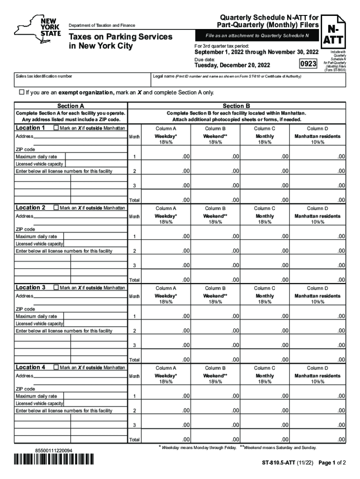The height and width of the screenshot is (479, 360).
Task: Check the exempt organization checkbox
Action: [x=21, y=93]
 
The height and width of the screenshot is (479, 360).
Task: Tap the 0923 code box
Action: [x=308, y=63]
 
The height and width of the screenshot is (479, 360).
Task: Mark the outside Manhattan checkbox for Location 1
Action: [x=56, y=128]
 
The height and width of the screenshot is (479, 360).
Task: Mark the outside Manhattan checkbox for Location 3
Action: [x=56, y=288]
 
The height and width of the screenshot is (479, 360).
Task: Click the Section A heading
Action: [x=71, y=106]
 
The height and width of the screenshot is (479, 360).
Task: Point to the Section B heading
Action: [x=236, y=106]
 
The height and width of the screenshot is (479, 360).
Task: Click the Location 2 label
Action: [x=31, y=208]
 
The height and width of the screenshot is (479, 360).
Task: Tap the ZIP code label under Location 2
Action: [x=25, y=229]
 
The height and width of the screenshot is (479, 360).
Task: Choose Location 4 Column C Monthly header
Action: [x=265, y=376]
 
